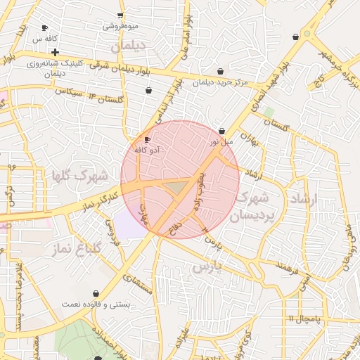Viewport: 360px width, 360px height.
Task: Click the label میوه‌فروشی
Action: (121, 26)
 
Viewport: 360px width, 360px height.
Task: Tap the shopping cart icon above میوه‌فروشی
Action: (120, 15)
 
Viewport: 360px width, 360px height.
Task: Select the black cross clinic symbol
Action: (55, 52)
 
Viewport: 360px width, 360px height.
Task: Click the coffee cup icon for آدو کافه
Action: (147, 139)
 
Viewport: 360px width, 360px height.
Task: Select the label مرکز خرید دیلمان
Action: (221, 82)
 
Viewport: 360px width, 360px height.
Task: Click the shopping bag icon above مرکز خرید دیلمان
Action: (221, 71)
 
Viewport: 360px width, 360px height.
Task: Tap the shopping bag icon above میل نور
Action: (222, 131)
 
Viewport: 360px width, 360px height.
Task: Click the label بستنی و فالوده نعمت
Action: (96, 304)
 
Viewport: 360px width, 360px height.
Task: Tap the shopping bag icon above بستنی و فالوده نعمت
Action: (96, 293)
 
